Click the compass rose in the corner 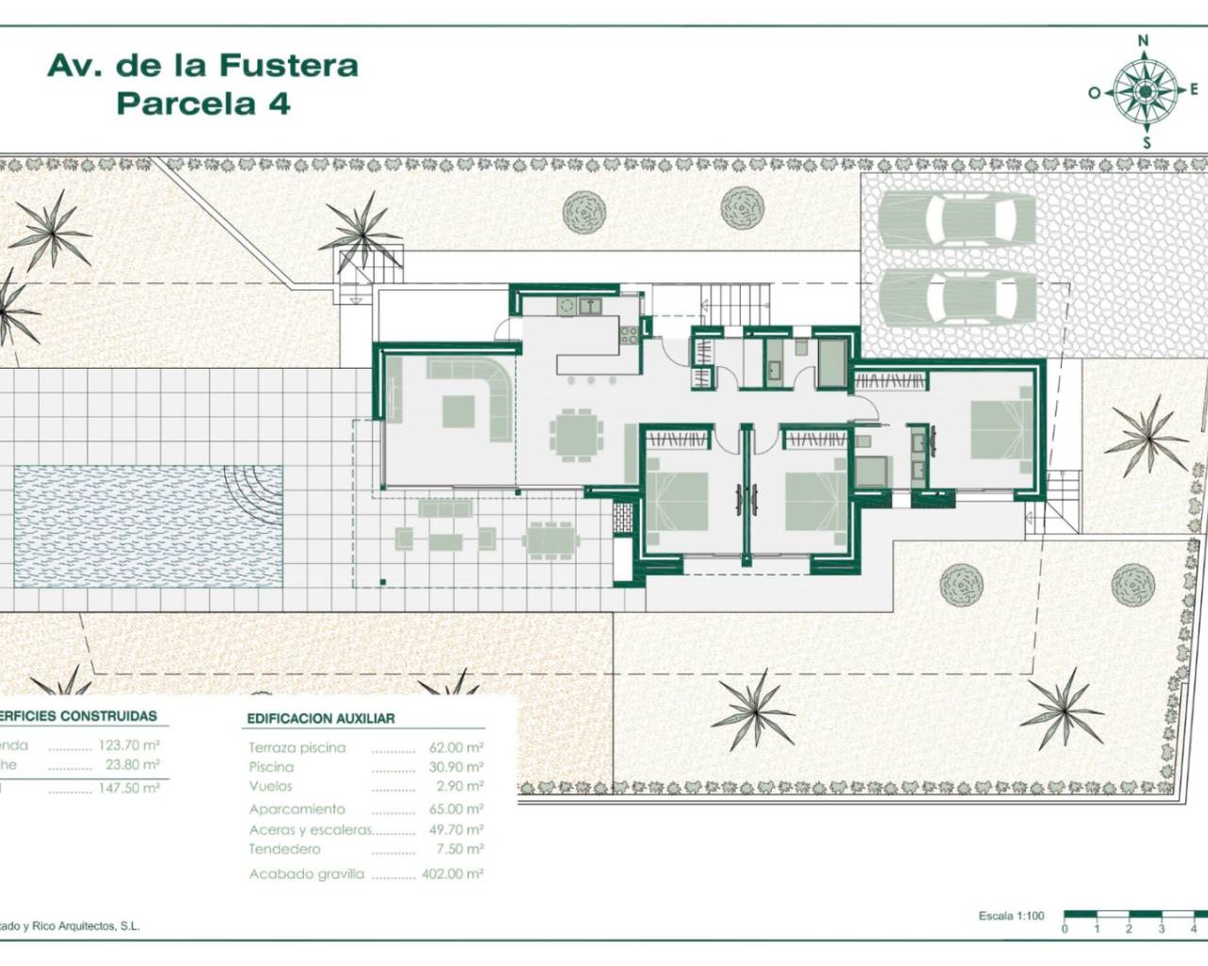pos(1145,92)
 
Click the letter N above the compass pos(1144,41)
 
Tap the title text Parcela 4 pos(203,103)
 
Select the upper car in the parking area pos(956,219)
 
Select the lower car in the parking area pos(956,294)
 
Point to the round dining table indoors pos(575,434)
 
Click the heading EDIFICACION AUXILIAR pos(321,718)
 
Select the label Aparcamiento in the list pos(297,809)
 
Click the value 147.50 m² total pos(129,789)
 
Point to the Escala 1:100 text pos(1012,916)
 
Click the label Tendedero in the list pos(285,849)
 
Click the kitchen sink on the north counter pos(591,305)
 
